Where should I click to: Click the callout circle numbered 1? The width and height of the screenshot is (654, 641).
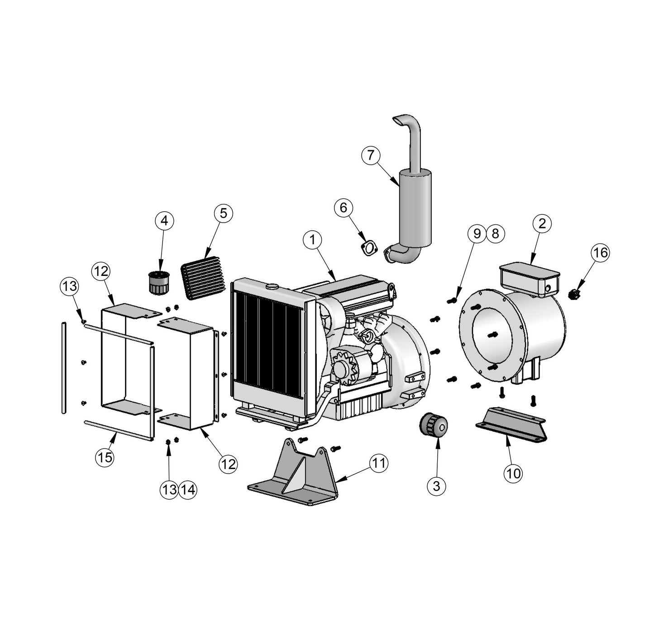pyautogui.click(x=313, y=240)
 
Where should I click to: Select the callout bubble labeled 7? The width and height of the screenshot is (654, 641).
pyautogui.click(x=371, y=156)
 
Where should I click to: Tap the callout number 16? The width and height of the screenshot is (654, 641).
pyautogui.click(x=601, y=253)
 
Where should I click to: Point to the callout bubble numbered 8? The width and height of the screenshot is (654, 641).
pyautogui.click(x=495, y=233)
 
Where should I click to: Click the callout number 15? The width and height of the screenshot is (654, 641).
pyautogui.click(x=105, y=457)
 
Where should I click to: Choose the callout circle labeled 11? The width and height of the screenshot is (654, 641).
pyautogui.click(x=379, y=463)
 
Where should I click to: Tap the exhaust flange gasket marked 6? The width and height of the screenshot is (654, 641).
pyautogui.click(x=370, y=248)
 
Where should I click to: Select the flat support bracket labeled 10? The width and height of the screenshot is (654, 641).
pyautogui.click(x=511, y=423)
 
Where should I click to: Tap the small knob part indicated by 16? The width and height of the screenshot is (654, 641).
pyautogui.click(x=574, y=294)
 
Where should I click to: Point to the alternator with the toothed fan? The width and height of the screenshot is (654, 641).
pyautogui.click(x=351, y=366)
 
